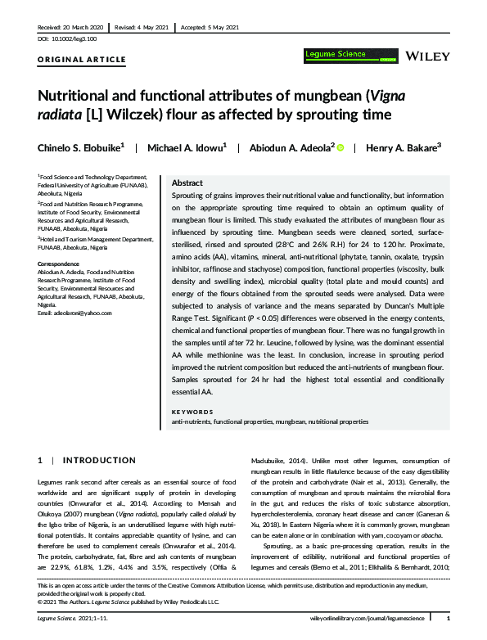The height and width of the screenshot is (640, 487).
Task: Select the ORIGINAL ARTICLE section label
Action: [x=82, y=60]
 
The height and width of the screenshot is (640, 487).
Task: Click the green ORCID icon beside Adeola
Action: [x=340, y=148]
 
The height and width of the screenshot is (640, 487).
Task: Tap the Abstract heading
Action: [x=188, y=183]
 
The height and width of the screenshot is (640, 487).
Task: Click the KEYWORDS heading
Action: [x=191, y=412]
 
